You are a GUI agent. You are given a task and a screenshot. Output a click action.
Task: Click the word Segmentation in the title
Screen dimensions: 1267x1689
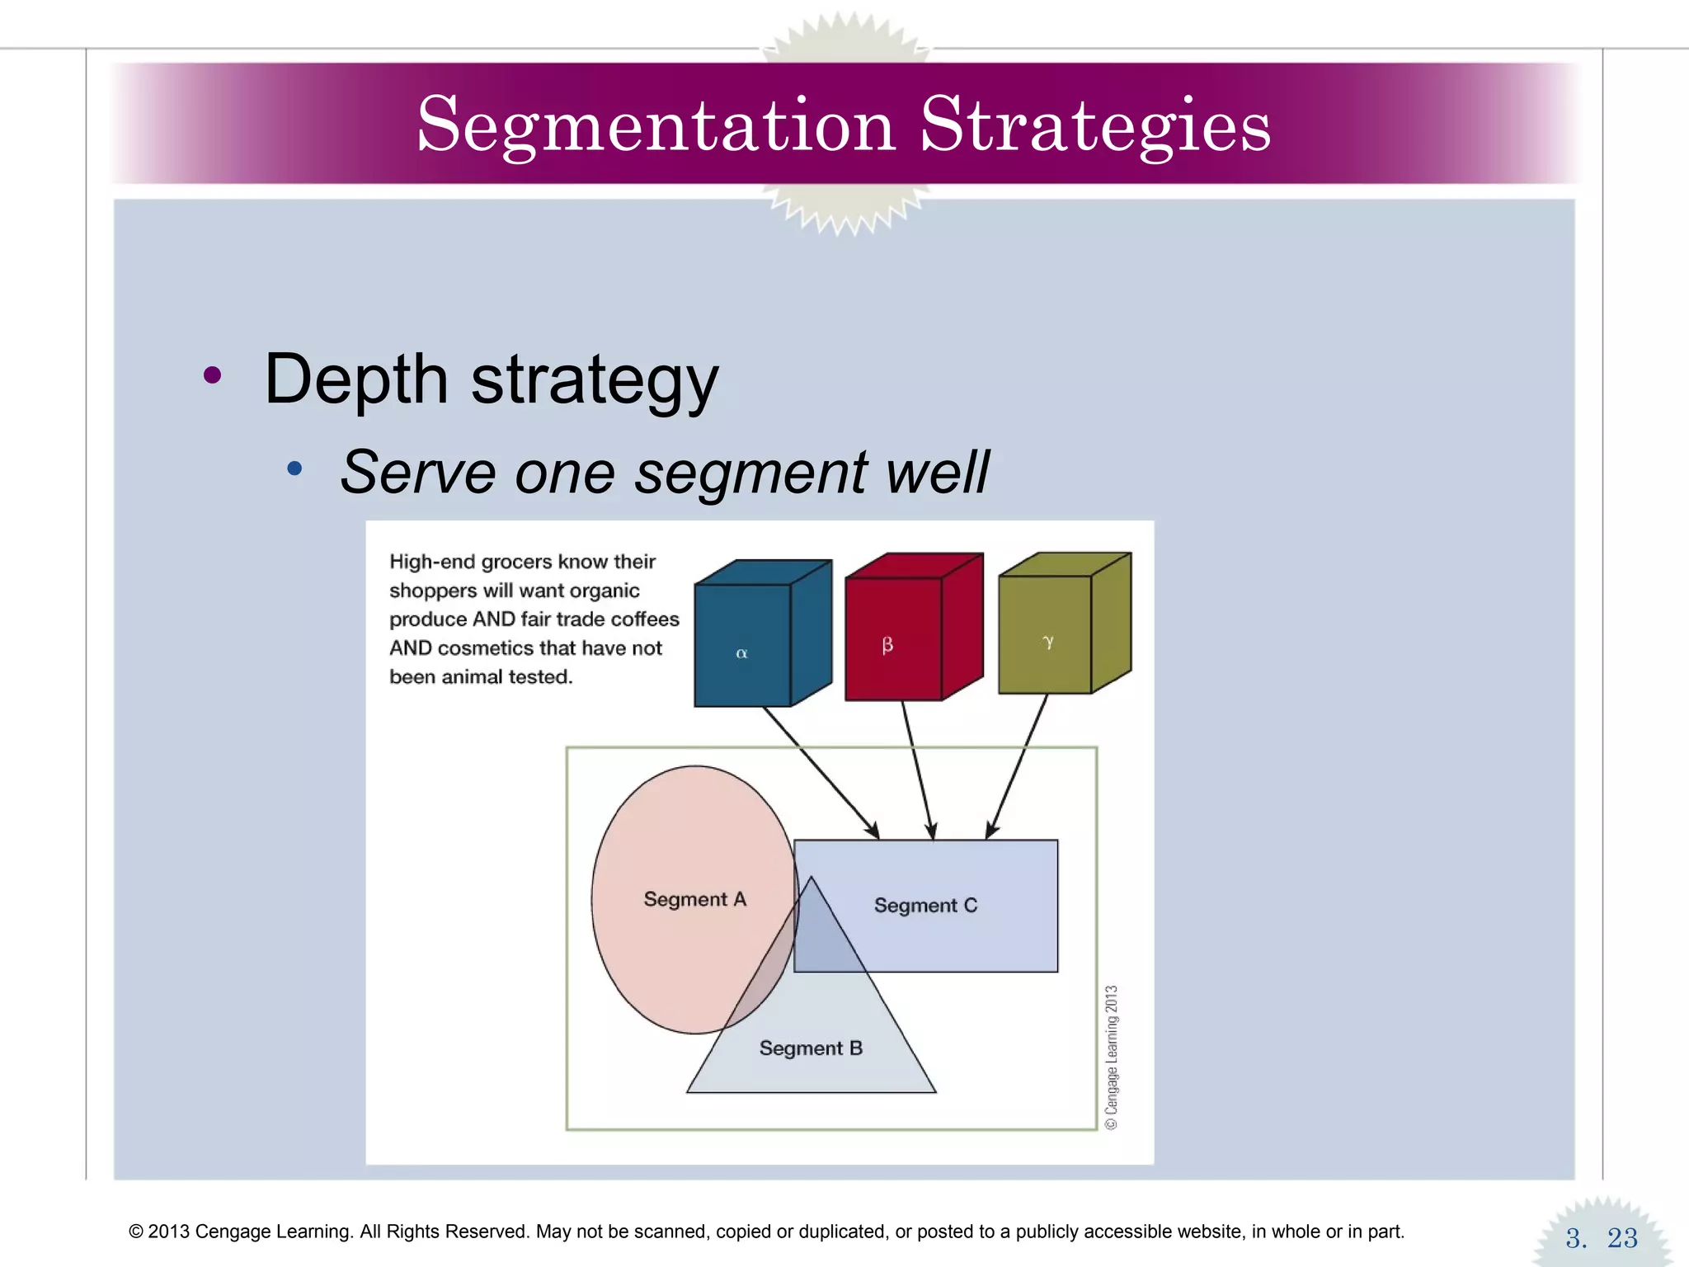point(656,125)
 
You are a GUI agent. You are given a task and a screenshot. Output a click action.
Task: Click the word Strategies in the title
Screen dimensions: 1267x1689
point(1095,125)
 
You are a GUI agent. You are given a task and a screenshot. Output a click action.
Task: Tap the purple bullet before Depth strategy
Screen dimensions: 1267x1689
point(212,376)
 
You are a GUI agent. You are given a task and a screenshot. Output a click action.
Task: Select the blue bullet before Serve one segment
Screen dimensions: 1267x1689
point(294,469)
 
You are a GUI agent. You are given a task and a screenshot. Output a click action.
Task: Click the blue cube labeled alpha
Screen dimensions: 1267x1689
point(742,643)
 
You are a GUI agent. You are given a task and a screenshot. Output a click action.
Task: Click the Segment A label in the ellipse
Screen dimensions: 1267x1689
point(694,899)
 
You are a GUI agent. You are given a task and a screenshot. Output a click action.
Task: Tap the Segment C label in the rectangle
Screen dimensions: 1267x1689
point(925,906)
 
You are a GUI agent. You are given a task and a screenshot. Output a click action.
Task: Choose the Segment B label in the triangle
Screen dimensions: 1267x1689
point(811,1048)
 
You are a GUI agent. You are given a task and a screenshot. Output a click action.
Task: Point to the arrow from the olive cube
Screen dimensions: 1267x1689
point(1019,767)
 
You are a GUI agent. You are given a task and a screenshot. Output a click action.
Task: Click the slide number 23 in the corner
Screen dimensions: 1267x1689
point(1621,1238)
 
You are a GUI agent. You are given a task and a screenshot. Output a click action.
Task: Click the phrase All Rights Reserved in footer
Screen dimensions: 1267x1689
point(445,1232)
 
